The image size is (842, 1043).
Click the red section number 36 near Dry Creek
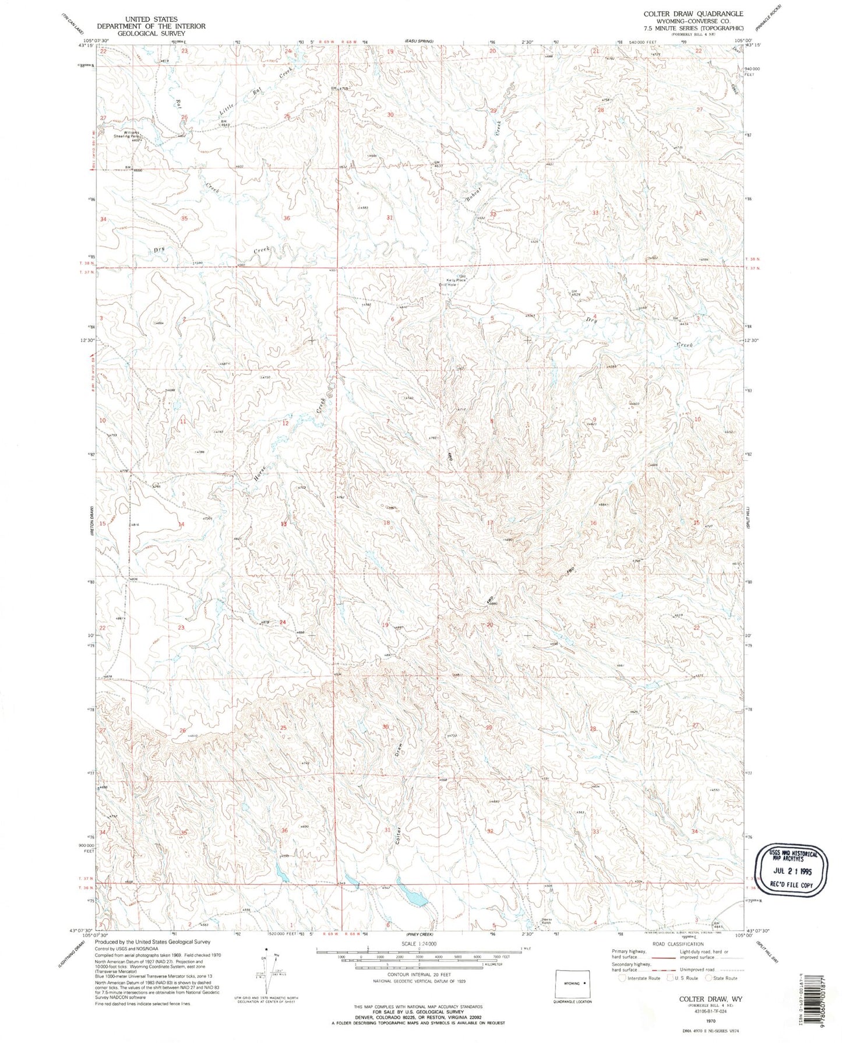point(286,218)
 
